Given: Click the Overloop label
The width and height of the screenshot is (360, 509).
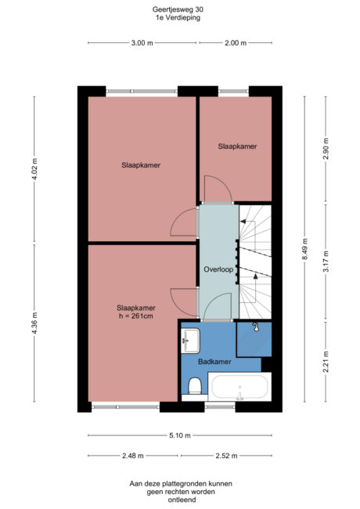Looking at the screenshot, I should [x=218, y=269].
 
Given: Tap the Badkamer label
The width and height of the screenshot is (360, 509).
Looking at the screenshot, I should [x=214, y=361].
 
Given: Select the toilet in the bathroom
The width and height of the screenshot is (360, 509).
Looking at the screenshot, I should [x=195, y=385].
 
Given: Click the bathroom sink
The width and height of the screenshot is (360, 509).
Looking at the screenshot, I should [x=191, y=339].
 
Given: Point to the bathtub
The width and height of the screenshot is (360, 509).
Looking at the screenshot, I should [x=239, y=388].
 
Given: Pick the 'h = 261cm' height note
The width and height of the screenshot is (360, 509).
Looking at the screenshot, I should [x=136, y=317].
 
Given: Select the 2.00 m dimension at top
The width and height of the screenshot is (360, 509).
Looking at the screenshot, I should [x=235, y=42].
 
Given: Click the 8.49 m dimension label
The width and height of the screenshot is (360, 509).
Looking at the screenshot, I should [x=305, y=247].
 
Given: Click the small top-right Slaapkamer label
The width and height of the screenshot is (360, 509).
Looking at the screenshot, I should [x=237, y=146].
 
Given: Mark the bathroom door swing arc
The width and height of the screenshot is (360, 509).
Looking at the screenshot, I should [x=221, y=305].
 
